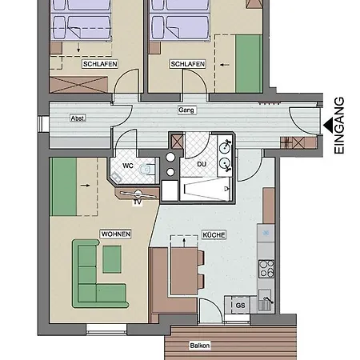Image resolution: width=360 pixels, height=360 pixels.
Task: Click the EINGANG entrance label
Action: pyautogui.click(x=338, y=126)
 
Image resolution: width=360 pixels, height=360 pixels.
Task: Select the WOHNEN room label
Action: pyautogui.click(x=115, y=234)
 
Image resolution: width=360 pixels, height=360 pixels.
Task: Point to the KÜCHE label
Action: pyautogui.click(x=214, y=235)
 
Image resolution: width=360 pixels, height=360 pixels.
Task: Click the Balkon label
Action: pyautogui.click(x=200, y=346)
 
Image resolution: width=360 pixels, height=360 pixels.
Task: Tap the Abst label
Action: pyautogui.click(x=78, y=118)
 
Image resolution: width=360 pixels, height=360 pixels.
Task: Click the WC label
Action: pyautogui.click(x=127, y=166)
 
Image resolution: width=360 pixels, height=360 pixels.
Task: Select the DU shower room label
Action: pyautogui.click(x=202, y=164)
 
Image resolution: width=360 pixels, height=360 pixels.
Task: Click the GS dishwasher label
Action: pyautogui.click(x=239, y=306)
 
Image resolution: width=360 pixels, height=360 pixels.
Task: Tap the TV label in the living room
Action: pyautogui.click(x=138, y=202)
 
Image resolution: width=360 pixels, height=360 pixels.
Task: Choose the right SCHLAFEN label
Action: pyautogui.click(x=186, y=63)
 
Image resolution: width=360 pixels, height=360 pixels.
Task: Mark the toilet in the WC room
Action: pyautogui.click(x=146, y=170)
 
